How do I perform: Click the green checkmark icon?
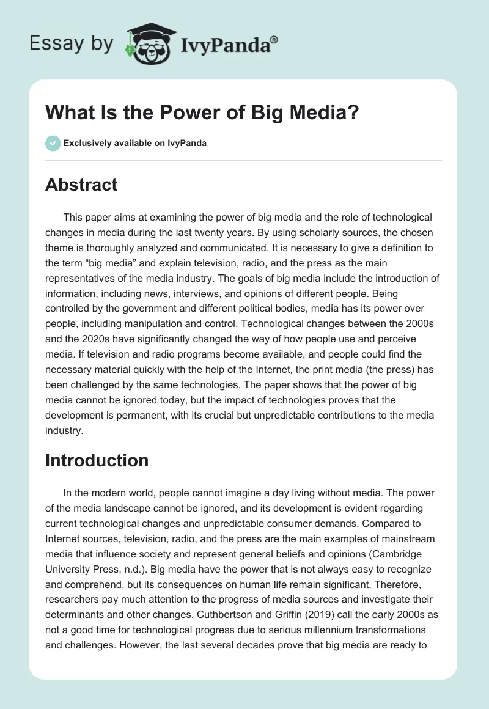tap(53, 143)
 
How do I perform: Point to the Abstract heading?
tap(81, 184)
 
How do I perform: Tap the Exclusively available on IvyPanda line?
tap(134, 144)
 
